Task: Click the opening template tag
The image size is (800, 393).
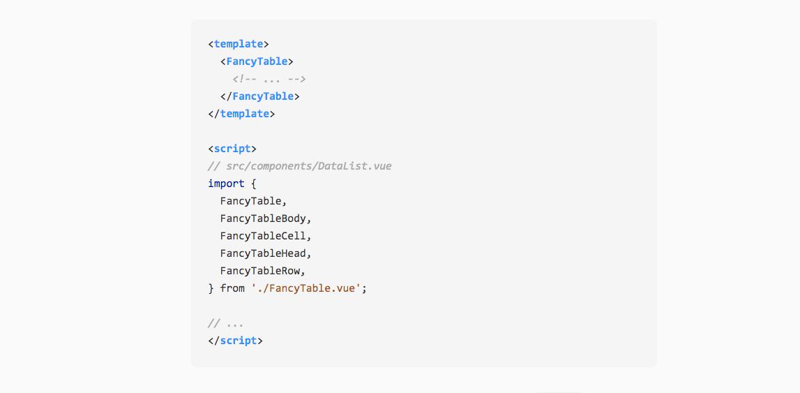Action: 238,44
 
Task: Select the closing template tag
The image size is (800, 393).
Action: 241,114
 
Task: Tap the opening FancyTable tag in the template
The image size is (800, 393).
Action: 257,61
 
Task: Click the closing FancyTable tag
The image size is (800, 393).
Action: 259,96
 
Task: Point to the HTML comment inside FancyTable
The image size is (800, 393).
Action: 269,79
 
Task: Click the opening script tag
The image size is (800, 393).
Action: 232,149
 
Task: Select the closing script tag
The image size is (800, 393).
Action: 235,341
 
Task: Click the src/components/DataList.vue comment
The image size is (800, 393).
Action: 299,166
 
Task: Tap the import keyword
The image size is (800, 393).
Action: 226,184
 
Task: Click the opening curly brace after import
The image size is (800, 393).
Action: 253,184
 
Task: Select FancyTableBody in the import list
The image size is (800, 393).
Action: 263,218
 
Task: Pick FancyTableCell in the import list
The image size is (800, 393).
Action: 263,236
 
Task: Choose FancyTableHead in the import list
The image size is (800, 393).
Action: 263,253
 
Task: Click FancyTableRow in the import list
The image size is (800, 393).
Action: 260,271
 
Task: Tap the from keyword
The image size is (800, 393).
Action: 232,288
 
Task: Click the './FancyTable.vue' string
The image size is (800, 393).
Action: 306,288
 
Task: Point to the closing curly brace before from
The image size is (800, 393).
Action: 211,288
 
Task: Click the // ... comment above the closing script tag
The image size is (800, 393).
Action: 225,323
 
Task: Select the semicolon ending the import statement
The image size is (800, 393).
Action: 364,288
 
